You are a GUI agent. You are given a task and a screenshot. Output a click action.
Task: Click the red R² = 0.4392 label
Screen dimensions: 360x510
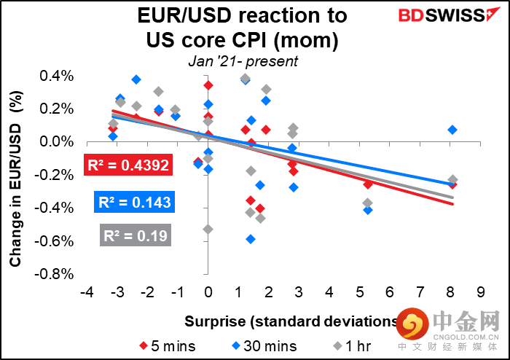tap(128, 165)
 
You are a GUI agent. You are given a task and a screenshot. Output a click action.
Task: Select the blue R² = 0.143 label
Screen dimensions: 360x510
tap(133, 201)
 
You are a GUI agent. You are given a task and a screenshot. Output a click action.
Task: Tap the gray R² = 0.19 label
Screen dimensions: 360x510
tap(134, 235)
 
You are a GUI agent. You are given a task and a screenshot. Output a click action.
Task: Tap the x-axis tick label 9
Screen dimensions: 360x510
tap(481, 291)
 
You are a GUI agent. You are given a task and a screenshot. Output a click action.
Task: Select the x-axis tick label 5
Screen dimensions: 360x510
tap(361, 291)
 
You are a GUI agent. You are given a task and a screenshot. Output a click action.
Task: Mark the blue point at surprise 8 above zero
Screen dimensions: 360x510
tap(452, 130)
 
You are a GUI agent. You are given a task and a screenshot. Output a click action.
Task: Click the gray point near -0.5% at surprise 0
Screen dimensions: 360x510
tap(208, 229)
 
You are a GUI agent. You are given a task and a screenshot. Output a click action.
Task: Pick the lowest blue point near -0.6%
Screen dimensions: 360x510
tap(251, 238)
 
